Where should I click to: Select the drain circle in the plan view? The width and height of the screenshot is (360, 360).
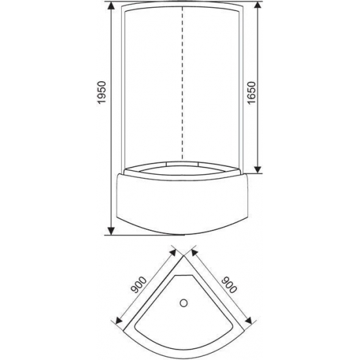[x=184, y=303]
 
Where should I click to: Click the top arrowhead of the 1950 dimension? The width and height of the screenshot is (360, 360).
[x=112, y=8]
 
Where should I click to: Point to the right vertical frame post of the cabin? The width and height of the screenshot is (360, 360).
[x=247, y=92]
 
